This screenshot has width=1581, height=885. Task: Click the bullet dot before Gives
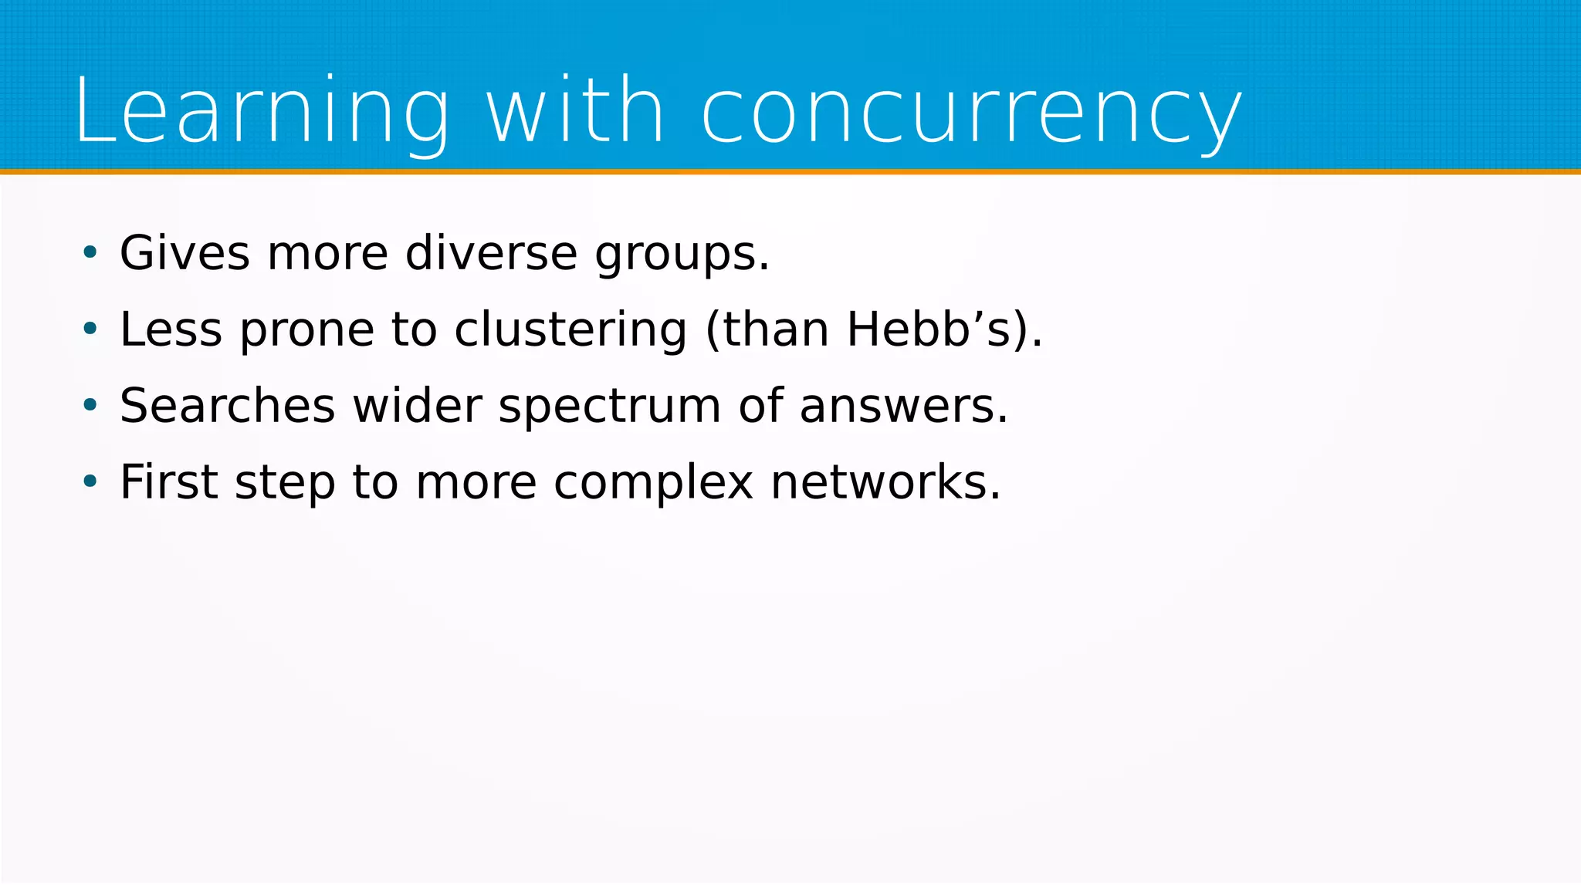[90, 252]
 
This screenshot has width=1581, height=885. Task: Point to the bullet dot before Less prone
[90, 329]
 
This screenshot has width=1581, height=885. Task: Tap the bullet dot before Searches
[90, 405]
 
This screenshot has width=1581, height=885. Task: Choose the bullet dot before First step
[90, 481]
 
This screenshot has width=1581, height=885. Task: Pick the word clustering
[570, 329]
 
